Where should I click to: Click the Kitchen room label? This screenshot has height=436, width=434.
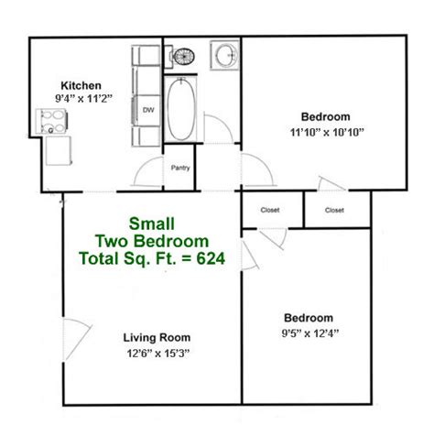point(81,86)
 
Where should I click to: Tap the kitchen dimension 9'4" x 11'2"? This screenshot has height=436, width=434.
point(83,99)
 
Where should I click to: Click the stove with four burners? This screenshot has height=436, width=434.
point(51,121)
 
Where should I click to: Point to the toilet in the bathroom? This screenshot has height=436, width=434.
point(182,57)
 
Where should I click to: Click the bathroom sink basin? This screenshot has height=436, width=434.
point(225,55)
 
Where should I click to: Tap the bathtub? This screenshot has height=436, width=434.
point(181,109)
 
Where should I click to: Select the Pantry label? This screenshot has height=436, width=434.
point(180,168)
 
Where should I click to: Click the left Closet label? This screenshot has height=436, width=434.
point(270,210)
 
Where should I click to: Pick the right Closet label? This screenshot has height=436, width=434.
point(334,210)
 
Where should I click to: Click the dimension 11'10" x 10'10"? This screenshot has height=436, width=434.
point(327,133)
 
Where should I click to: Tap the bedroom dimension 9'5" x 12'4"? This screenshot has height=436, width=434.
point(310,333)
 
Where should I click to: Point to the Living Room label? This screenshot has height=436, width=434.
point(157,337)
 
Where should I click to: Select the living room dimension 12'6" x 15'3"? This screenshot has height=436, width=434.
point(158,354)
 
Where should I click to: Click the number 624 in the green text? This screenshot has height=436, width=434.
point(211,258)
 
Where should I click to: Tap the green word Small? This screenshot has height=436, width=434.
point(152,223)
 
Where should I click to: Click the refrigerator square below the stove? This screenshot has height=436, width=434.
point(59,151)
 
